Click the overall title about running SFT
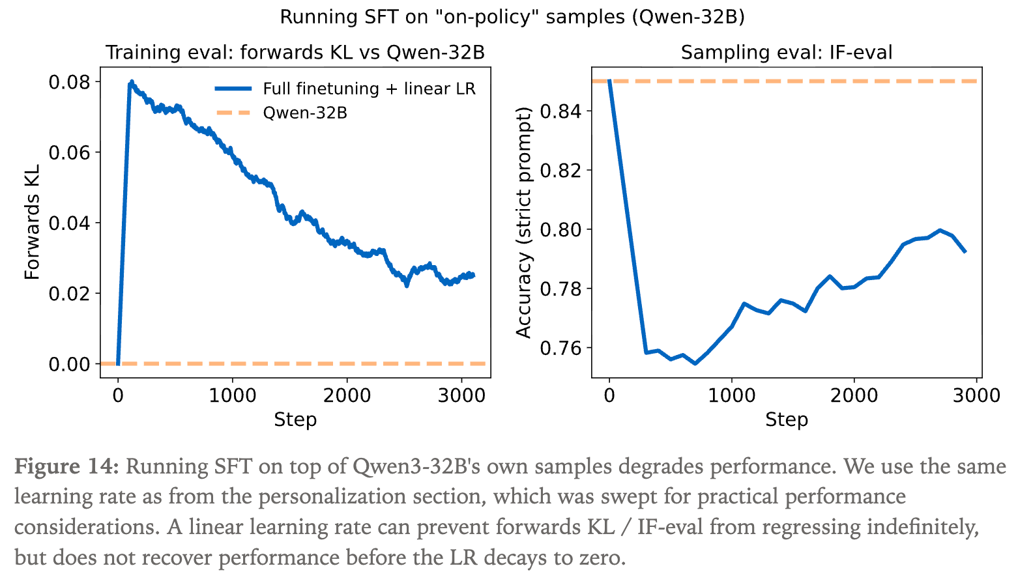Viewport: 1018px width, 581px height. (512, 17)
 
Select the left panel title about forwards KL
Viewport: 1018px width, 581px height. (295, 52)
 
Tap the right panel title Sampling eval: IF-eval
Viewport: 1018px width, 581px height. (787, 52)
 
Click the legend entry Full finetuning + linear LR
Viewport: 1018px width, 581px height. (369, 89)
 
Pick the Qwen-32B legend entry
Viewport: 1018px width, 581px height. (304, 113)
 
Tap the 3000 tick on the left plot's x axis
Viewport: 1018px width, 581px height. (461, 395)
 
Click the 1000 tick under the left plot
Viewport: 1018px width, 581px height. (233, 395)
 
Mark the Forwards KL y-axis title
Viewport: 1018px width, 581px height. (33, 223)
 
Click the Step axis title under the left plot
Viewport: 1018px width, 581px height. (295, 419)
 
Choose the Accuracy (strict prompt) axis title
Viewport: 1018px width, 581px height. (524, 223)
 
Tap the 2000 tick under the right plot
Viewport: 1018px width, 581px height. (854, 395)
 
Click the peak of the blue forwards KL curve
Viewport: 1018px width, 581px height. (131, 82)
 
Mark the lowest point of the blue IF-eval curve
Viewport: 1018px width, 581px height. (695, 363)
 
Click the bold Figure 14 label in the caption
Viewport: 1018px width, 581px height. (66, 466)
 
